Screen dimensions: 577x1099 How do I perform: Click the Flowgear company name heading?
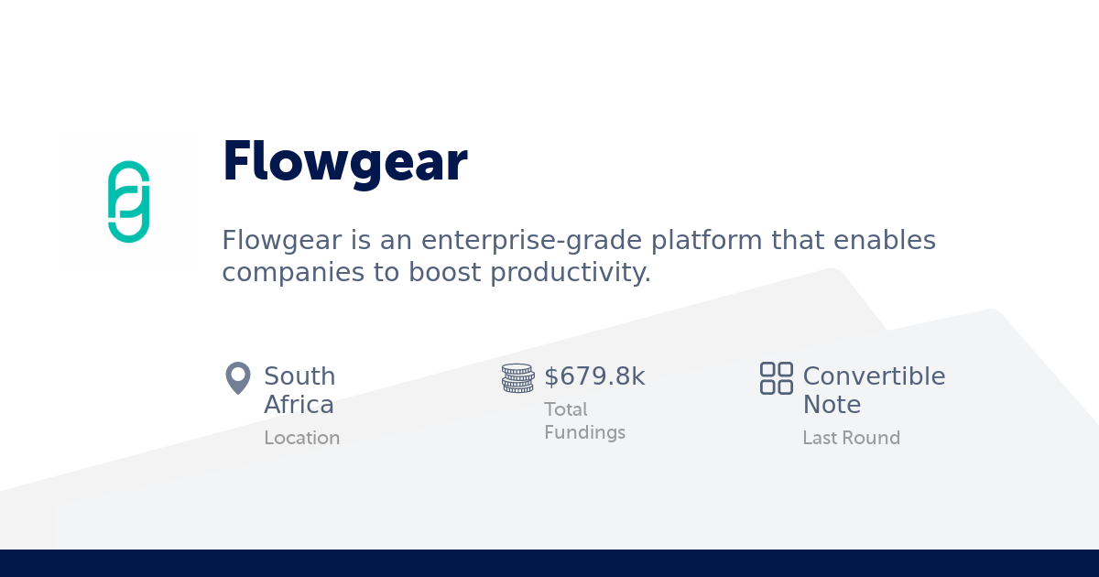[x=344, y=161]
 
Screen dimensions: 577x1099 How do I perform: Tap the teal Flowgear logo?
[x=128, y=201]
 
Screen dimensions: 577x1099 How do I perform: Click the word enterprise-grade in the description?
[x=533, y=241]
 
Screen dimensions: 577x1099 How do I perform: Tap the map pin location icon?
[x=238, y=377]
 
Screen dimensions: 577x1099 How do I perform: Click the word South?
[x=299, y=376]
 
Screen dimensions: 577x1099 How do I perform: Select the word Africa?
[x=299, y=405]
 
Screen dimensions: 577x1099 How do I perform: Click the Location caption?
[x=301, y=438]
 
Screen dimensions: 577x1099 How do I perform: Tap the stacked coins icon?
[x=517, y=378]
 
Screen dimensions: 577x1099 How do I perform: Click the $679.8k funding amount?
[x=594, y=376]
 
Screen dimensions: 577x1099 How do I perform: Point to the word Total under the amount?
[x=566, y=409]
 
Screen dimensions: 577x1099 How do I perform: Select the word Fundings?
[x=584, y=432]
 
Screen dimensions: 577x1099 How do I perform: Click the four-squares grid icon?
[x=777, y=377]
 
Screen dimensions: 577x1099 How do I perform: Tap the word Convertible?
[x=874, y=376]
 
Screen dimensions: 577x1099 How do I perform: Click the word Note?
[x=832, y=405]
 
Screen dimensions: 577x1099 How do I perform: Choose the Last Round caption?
[x=851, y=438]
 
